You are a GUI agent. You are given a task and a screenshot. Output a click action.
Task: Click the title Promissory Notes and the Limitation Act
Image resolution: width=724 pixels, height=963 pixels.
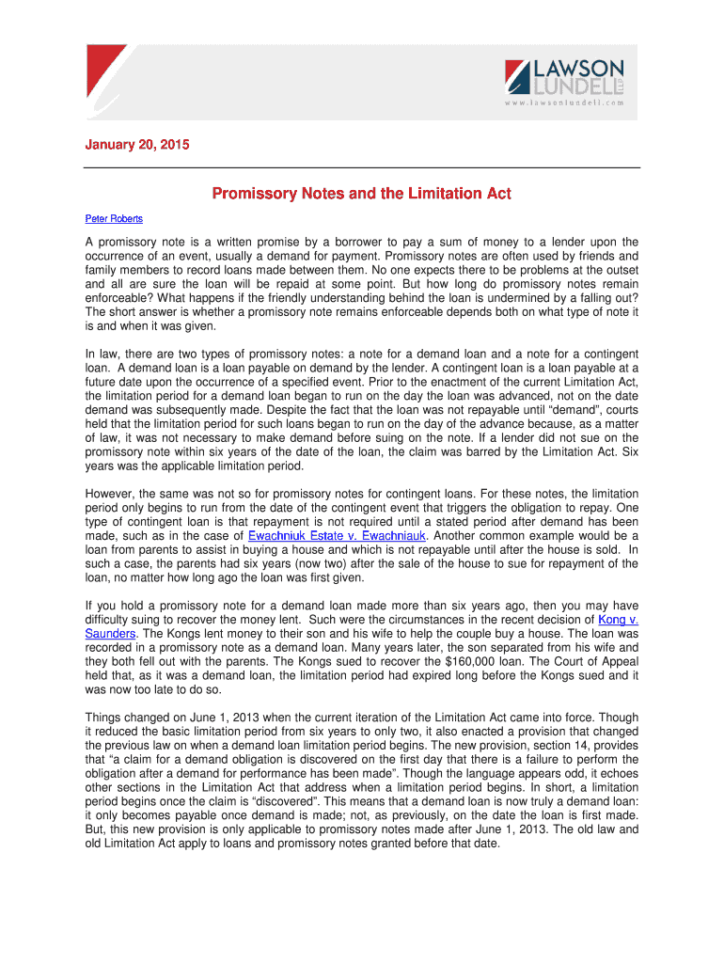[x=361, y=194]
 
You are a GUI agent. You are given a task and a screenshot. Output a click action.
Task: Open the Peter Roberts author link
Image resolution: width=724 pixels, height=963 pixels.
[x=114, y=219]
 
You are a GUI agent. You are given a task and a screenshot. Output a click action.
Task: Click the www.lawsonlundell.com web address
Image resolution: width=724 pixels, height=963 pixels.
[x=564, y=103]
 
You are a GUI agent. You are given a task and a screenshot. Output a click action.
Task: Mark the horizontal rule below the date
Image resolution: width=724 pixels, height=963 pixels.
[x=361, y=166]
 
